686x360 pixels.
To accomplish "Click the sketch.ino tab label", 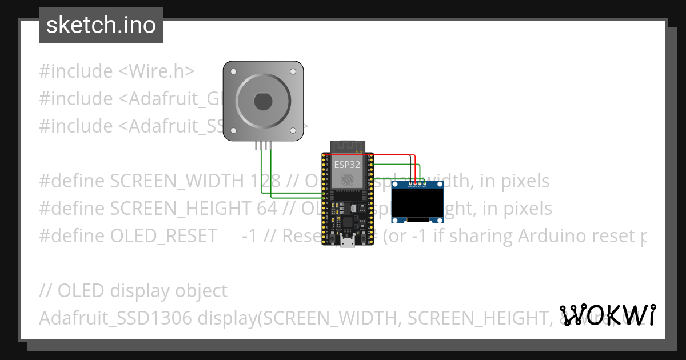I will click(101, 25).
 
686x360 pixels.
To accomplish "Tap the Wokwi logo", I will click(607, 315).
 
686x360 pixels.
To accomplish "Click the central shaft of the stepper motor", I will click(262, 101).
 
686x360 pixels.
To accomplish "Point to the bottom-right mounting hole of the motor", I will click(293, 131).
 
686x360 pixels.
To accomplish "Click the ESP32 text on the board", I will click(347, 165).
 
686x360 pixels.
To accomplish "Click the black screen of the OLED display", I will click(418, 204).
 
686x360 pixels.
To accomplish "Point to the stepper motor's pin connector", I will click(263, 145).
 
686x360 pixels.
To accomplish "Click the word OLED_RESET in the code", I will click(163, 235).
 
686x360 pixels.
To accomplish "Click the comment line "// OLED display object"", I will click(133, 290).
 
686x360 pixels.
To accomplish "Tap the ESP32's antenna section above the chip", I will click(347, 147).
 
